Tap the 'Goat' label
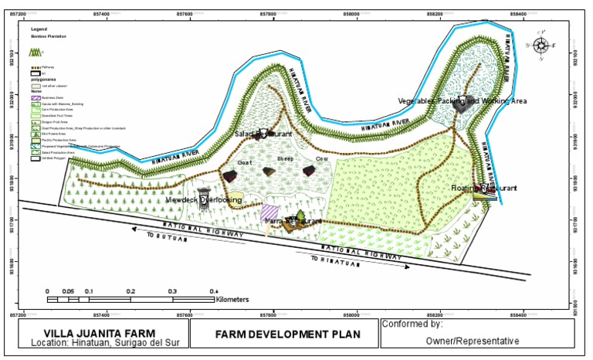pos(245,163)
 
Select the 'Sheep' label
pos(286,158)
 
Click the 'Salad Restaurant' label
pos(263,134)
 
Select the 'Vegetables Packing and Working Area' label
pos(462,101)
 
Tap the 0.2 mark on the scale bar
pos(130,291)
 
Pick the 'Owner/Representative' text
pos(479,340)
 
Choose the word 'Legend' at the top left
pos(38,29)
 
